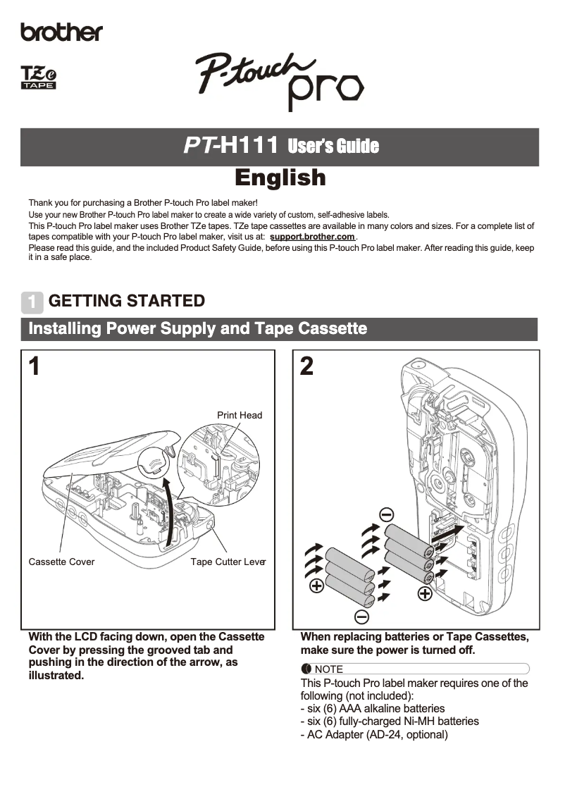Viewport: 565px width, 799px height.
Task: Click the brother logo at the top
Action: (x=61, y=32)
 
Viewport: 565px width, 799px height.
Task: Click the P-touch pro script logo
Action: (x=279, y=80)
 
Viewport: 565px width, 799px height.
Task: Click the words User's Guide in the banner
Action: (x=333, y=147)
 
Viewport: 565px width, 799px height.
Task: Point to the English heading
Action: (x=280, y=177)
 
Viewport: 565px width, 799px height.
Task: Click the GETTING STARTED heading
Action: (x=127, y=301)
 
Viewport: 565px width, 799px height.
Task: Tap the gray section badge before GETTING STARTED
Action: (x=32, y=302)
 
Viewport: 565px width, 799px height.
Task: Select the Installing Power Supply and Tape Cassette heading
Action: (x=197, y=329)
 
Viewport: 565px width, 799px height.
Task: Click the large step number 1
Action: (x=34, y=366)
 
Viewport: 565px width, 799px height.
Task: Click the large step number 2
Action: (x=306, y=366)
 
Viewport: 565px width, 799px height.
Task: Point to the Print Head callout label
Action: (x=239, y=415)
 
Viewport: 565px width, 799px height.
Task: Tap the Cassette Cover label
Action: (x=61, y=562)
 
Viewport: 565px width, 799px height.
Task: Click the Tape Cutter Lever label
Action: (x=228, y=562)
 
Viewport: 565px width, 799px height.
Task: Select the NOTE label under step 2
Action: (x=328, y=669)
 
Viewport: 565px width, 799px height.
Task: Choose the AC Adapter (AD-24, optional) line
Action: (x=374, y=734)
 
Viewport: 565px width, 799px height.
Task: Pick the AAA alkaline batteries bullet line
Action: (x=373, y=708)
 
